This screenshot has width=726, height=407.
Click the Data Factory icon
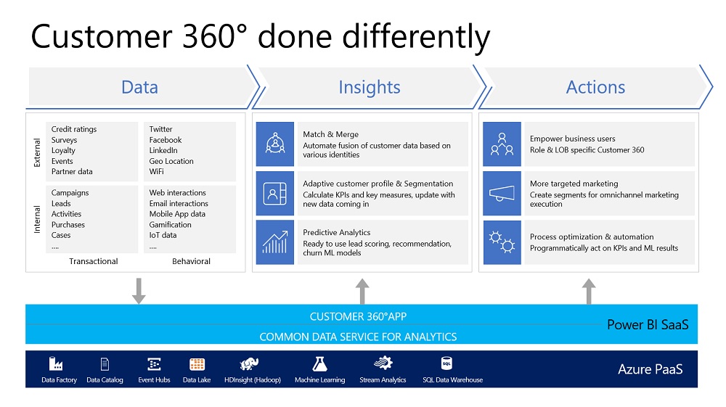[x=55, y=364]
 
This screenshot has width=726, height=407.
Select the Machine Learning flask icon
[x=319, y=364]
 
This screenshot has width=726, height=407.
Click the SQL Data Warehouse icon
[x=446, y=363]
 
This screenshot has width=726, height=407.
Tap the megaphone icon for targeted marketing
[x=502, y=194]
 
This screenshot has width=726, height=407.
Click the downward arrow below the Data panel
[x=139, y=290]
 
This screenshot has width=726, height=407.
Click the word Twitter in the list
[x=161, y=129]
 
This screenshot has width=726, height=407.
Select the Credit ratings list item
[x=74, y=129]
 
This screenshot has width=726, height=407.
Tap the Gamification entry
[x=171, y=225]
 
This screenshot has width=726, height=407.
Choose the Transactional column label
[x=94, y=261]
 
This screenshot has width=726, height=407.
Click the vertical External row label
[x=38, y=153]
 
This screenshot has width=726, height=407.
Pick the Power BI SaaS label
[x=647, y=325]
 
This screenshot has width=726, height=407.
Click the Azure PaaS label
[x=650, y=369]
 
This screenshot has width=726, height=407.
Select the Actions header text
[x=595, y=87]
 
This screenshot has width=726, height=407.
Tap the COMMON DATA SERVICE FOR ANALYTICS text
[x=358, y=337]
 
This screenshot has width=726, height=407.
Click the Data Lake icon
[x=197, y=364]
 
